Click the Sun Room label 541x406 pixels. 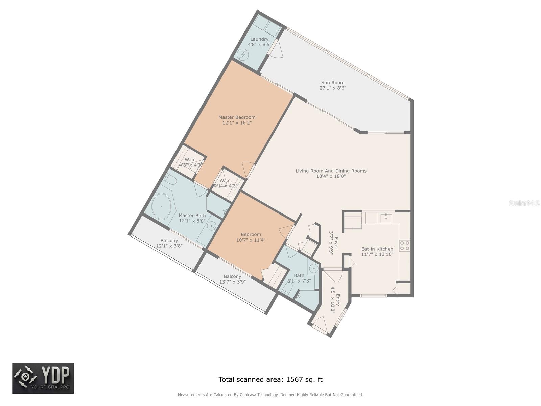point(332,83)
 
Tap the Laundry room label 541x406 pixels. point(259,39)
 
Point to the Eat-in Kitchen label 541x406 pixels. point(377,249)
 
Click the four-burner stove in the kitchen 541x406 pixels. point(404,246)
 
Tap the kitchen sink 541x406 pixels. point(386,219)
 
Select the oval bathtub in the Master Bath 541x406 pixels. point(161,206)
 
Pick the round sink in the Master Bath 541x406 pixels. point(211,226)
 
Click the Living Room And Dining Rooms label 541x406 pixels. point(331,171)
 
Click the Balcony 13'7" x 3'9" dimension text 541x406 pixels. point(233,282)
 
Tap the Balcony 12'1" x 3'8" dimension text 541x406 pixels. point(169,246)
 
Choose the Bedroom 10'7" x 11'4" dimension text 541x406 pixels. point(251,240)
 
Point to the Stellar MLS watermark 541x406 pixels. point(524,203)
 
